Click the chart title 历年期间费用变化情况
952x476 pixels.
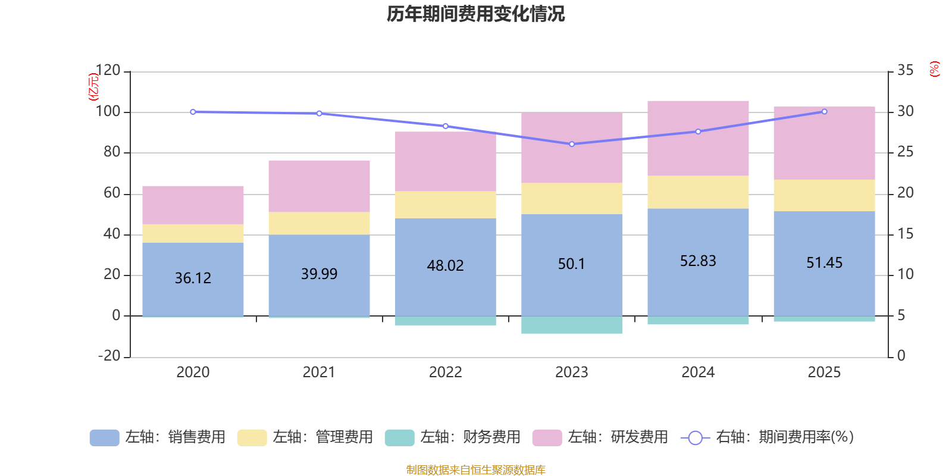point(475,14)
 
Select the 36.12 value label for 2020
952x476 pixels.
point(193,278)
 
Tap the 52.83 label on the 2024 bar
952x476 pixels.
point(698,261)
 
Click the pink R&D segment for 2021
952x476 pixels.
point(319,186)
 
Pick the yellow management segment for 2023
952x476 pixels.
point(572,198)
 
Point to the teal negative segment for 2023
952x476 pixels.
point(572,325)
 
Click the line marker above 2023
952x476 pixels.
point(572,144)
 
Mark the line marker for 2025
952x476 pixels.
point(824,111)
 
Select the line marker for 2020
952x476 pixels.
point(193,112)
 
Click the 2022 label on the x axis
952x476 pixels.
point(445,372)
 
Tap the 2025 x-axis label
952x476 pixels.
point(824,372)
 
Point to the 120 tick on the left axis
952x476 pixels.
point(108,71)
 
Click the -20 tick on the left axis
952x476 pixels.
point(109,356)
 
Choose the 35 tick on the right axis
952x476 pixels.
point(905,71)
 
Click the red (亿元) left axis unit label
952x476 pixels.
point(93,87)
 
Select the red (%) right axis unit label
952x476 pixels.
point(935,69)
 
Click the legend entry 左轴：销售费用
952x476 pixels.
point(158,437)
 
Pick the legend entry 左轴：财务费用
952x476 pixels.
point(453,437)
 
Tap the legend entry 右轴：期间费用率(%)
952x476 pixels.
point(768,437)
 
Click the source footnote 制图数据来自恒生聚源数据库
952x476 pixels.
point(475,470)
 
